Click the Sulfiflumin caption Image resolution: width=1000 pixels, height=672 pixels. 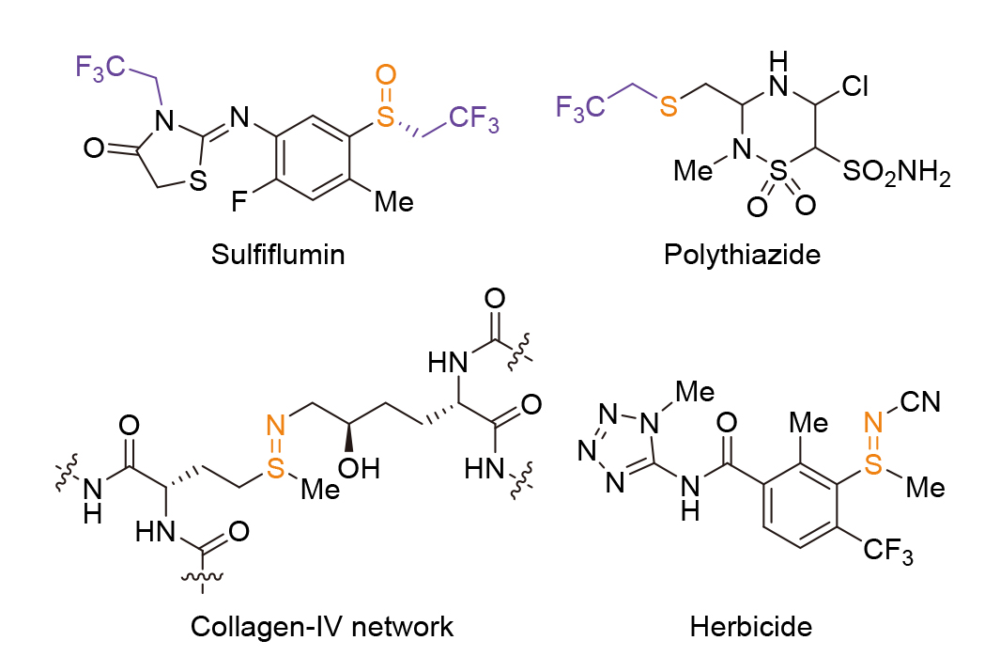tap(278, 255)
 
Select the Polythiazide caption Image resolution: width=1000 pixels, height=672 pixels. tap(743, 256)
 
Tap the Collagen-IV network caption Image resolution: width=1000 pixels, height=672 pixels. tap(322, 627)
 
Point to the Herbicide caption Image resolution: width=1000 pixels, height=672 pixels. tap(751, 627)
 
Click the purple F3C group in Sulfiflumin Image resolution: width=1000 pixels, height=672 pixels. tap(100, 68)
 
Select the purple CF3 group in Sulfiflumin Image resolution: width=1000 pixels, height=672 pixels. tap(474, 119)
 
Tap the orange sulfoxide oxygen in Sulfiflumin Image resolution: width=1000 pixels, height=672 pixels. tap(386, 74)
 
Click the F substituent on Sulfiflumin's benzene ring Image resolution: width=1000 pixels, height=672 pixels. tap(239, 202)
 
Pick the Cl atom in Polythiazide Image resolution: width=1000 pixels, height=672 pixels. tap(855, 86)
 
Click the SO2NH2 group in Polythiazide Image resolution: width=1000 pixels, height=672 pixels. tap(896, 172)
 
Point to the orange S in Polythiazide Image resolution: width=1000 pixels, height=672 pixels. tap(669, 106)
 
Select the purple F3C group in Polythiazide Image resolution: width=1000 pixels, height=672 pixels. tap(580, 107)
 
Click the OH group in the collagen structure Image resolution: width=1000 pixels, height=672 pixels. tap(359, 468)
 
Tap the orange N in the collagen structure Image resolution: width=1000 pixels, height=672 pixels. tap(275, 425)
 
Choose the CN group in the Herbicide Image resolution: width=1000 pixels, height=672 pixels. tap(921, 402)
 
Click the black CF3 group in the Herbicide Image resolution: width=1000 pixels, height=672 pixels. tap(888, 550)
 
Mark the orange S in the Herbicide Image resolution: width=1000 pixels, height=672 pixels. tap(874, 464)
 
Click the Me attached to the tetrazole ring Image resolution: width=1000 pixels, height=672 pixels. tap(695, 391)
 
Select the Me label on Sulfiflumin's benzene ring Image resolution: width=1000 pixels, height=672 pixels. tap(394, 202)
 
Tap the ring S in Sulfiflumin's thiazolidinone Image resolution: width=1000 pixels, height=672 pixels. tap(198, 180)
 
